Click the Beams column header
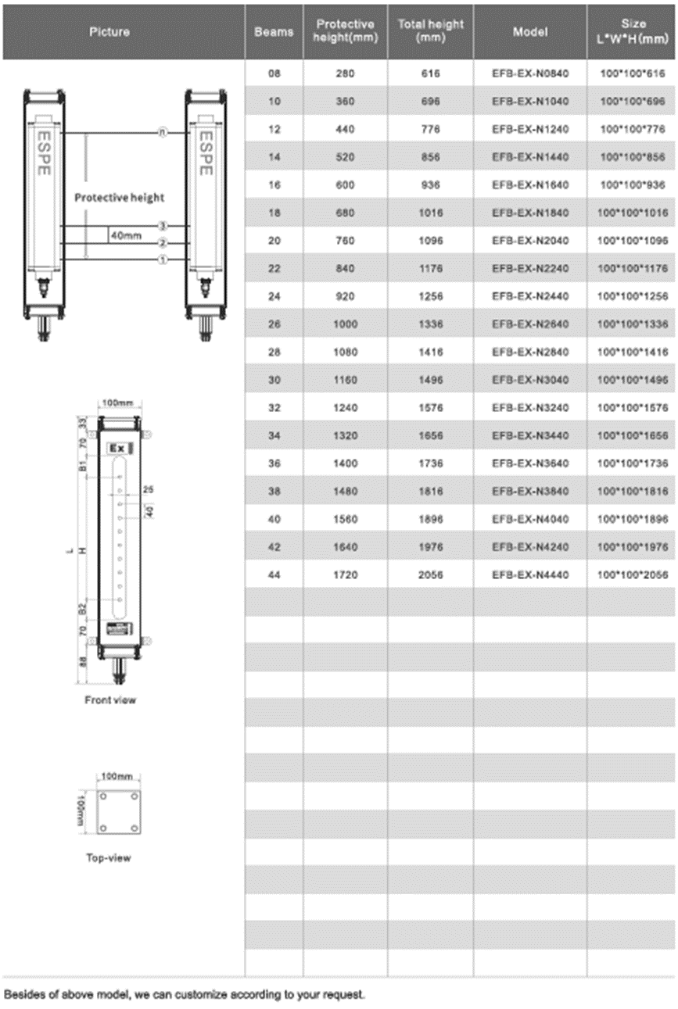(x=274, y=32)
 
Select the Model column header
(x=529, y=32)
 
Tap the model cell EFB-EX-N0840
(x=530, y=74)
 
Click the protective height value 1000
(x=346, y=324)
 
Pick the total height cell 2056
(x=430, y=575)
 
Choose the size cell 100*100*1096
(x=632, y=241)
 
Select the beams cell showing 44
(x=274, y=575)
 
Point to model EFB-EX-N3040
(x=530, y=381)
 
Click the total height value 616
(x=430, y=74)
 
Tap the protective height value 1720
(x=346, y=575)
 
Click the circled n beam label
(x=163, y=133)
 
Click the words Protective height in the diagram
(x=120, y=198)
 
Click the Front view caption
(x=109, y=700)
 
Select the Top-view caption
(x=109, y=858)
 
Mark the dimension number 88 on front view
(x=84, y=661)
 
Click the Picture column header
(x=109, y=32)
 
